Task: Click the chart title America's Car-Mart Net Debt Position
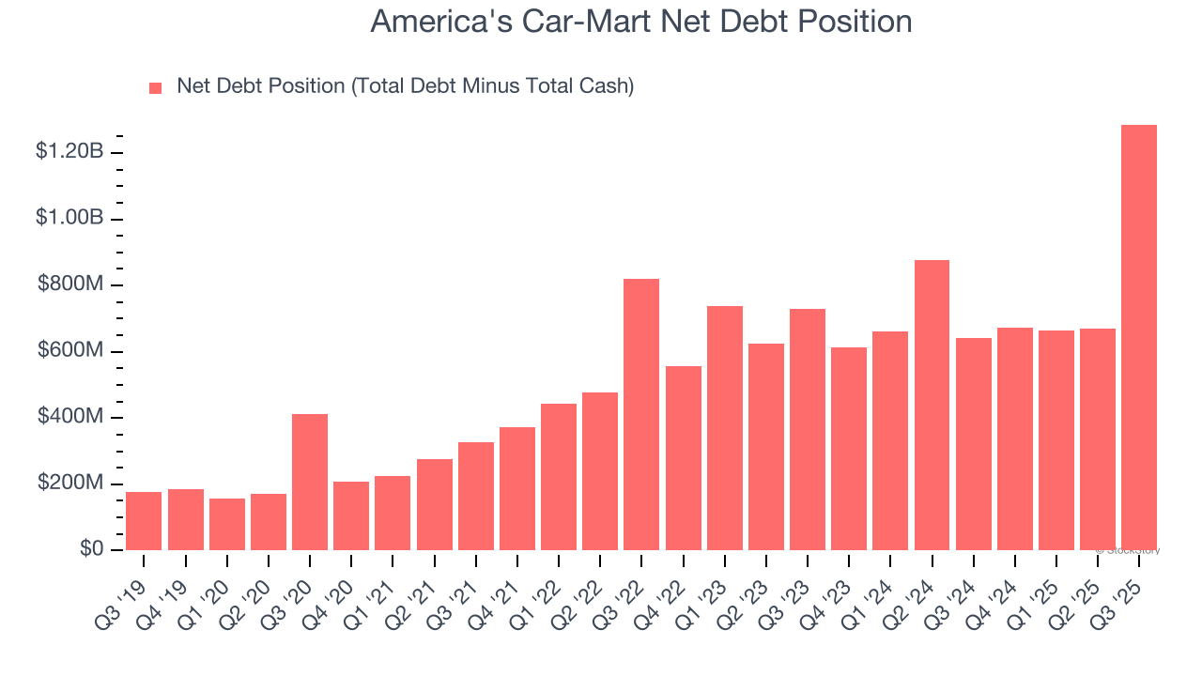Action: (x=641, y=22)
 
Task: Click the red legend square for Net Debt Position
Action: (x=156, y=87)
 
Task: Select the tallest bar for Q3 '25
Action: (x=1138, y=337)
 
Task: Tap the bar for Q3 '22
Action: (x=641, y=414)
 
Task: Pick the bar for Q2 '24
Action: (x=932, y=405)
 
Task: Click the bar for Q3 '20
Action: (x=310, y=482)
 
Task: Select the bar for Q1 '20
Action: (x=226, y=524)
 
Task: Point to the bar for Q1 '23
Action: (x=724, y=428)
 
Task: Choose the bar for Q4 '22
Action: (x=683, y=458)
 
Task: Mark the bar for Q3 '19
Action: (x=144, y=521)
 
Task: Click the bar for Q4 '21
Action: (x=516, y=488)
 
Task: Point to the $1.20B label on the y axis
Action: (x=69, y=152)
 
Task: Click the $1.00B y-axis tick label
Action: (x=69, y=218)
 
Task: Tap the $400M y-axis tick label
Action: (x=70, y=417)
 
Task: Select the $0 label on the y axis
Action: (x=91, y=549)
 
